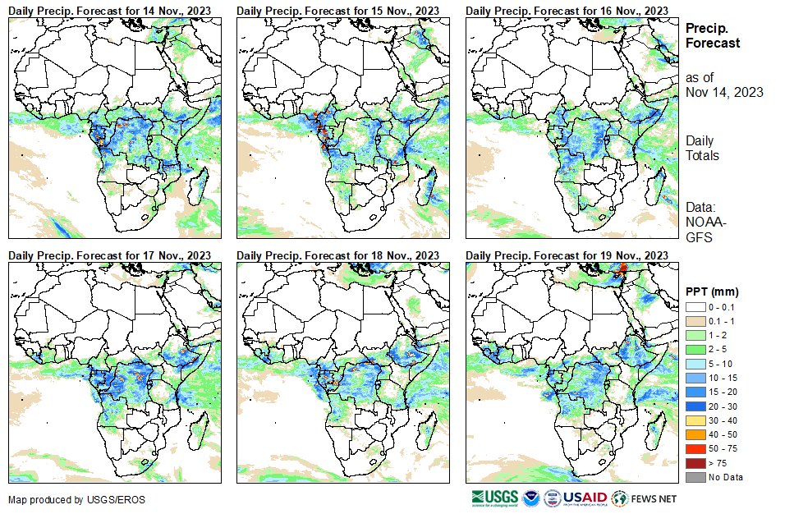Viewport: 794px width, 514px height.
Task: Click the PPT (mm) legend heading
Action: point(712,291)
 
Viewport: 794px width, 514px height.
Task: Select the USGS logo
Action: point(494,498)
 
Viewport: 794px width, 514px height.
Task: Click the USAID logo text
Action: point(585,498)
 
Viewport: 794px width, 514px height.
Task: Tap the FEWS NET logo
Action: point(645,498)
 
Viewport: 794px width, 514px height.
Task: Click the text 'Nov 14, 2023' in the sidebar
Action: point(724,92)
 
